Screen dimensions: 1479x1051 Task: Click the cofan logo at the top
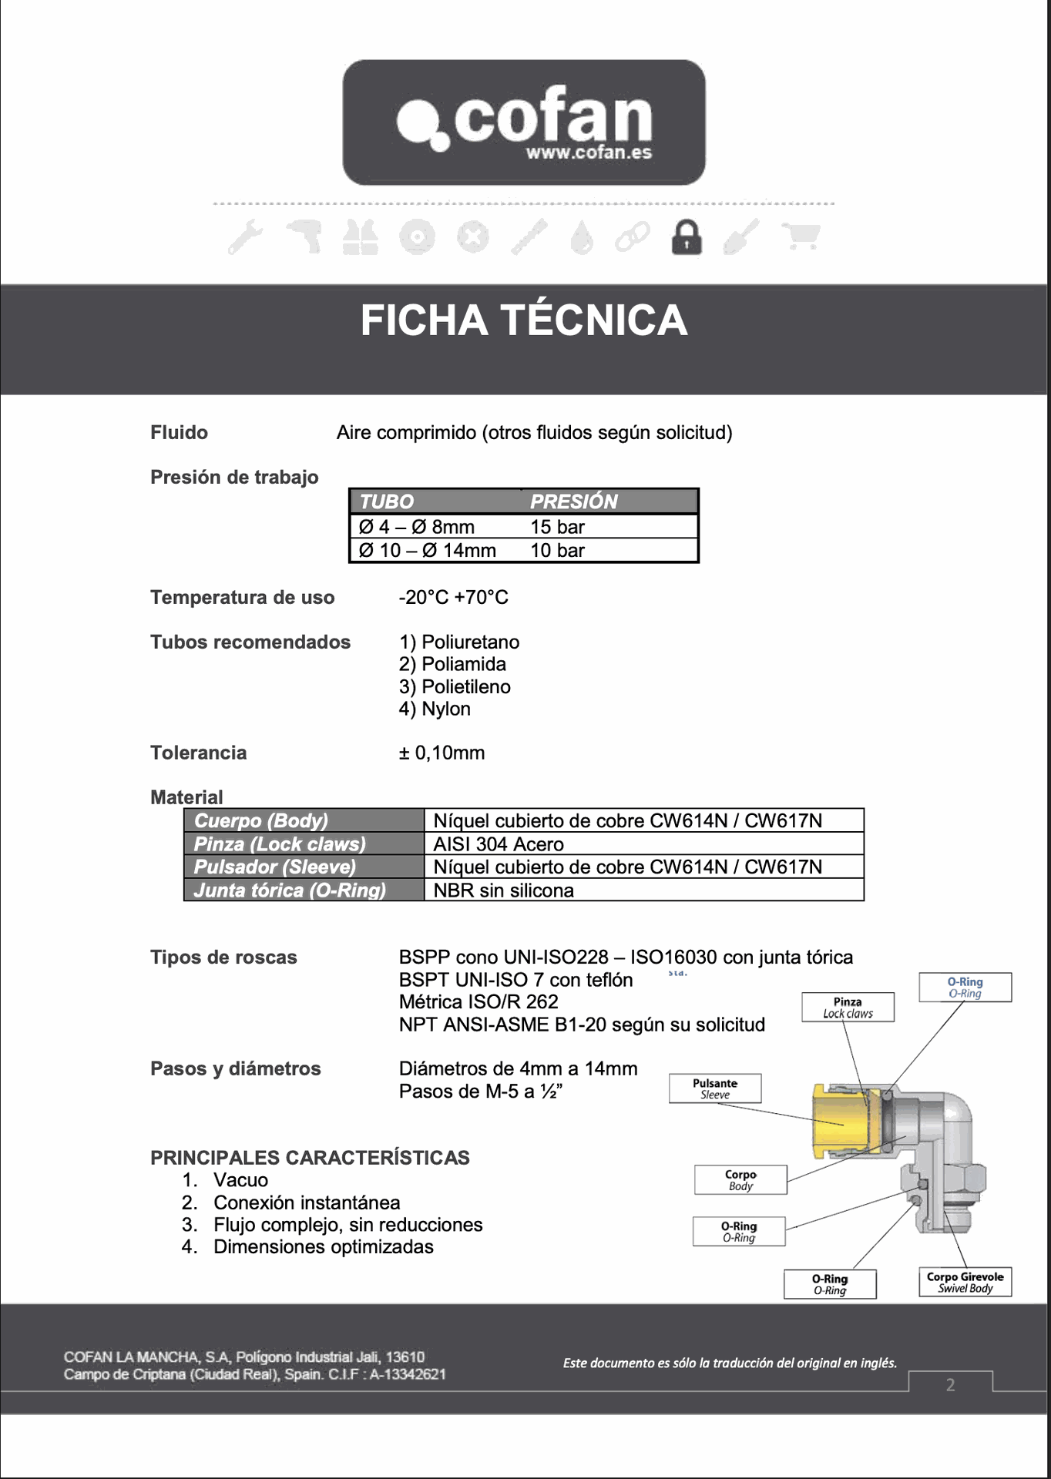[524, 122]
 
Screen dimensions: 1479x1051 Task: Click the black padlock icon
[687, 237]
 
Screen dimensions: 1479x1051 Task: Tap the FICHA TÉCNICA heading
[524, 320]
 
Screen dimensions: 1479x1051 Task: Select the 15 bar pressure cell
[558, 527]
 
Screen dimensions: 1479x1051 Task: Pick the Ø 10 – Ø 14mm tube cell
[428, 551]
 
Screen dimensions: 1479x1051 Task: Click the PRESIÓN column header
[574, 501]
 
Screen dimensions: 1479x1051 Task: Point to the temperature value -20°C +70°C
[454, 598]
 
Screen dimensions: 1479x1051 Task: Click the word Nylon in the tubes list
[445, 709]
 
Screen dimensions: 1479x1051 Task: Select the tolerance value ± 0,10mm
[442, 753]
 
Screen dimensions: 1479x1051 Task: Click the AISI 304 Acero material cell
[499, 844]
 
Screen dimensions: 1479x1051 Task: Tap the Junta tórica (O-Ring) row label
[290, 890]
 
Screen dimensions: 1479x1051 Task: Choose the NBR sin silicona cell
[504, 890]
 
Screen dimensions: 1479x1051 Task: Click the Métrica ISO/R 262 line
[478, 1002]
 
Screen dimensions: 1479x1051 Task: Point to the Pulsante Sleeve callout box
[715, 1088]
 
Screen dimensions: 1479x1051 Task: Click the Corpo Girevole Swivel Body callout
[965, 1283]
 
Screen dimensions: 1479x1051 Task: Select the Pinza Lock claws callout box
[848, 1008]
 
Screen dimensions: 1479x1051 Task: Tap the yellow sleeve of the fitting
[840, 1122]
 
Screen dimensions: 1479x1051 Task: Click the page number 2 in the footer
[951, 1385]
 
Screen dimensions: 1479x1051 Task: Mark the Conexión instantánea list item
[307, 1203]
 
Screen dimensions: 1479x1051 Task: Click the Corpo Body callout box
[740, 1180]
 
